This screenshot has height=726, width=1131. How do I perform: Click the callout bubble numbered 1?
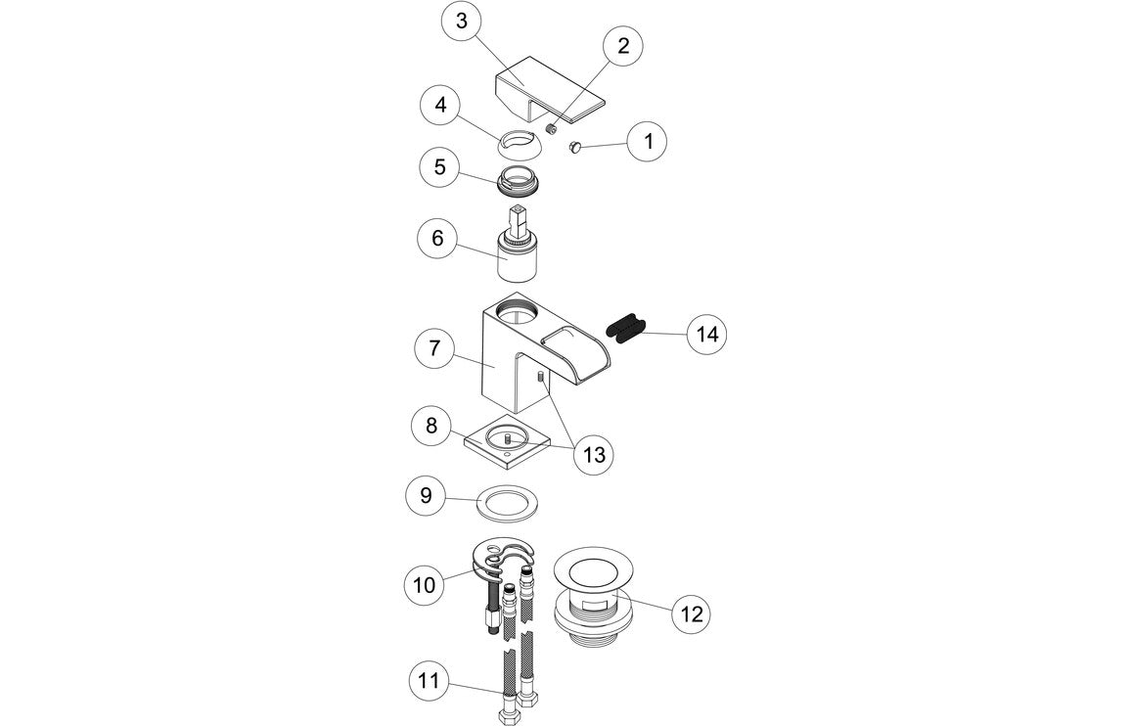(647, 141)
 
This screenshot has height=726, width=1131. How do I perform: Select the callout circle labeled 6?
(437, 238)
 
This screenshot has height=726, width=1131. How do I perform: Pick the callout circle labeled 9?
(425, 496)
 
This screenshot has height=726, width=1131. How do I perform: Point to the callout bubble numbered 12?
(691, 613)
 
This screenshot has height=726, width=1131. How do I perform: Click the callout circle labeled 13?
(595, 455)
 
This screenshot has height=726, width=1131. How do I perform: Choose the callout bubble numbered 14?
(706, 335)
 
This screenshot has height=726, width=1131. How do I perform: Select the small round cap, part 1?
(575, 148)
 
